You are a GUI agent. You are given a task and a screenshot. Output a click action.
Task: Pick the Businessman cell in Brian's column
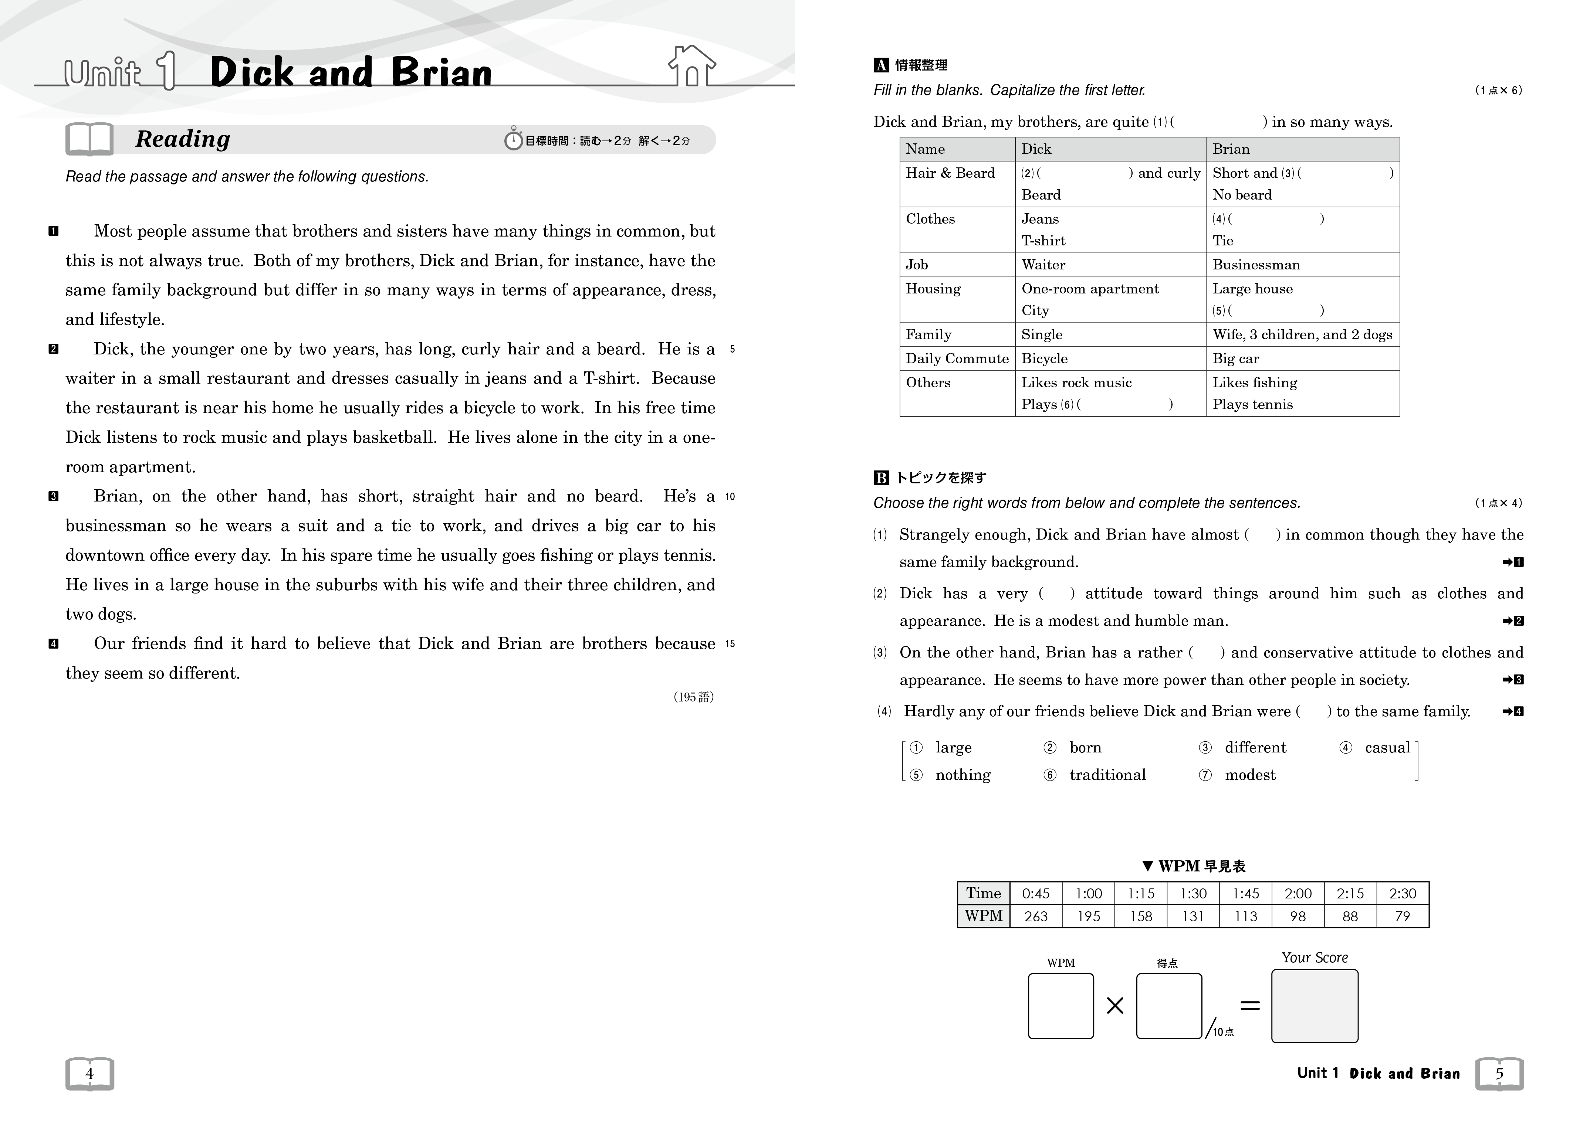pos(1255,264)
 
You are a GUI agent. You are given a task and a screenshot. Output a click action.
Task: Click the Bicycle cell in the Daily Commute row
pos(1044,358)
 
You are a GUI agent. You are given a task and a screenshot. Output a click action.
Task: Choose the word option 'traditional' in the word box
pos(1107,775)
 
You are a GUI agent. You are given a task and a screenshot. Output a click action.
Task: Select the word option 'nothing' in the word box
pos(963,775)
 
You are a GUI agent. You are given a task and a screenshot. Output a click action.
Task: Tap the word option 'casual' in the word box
pos(1386,748)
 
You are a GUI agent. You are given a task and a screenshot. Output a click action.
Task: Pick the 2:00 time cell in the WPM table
pos(1298,894)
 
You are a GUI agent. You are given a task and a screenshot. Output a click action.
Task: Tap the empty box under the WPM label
pos(1060,1006)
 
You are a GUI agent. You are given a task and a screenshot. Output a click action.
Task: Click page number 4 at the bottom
pos(89,1074)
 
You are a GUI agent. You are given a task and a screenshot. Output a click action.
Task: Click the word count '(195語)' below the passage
pos(693,697)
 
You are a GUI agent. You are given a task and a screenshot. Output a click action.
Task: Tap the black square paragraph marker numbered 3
pos(53,496)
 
